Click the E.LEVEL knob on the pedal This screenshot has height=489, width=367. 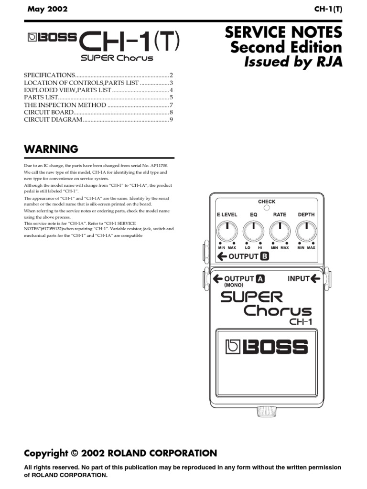tap(227, 233)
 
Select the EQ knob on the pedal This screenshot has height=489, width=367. tap(253, 233)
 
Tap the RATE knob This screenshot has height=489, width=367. tap(280, 233)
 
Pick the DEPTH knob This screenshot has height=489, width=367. tap(306, 233)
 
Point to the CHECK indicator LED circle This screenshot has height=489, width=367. tap(267, 208)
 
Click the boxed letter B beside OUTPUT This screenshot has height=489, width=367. tap(264, 256)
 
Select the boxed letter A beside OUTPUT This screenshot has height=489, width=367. tap(260, 279)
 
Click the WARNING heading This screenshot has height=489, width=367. tap(51, 149)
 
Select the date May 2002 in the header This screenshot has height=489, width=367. tap(47, 9)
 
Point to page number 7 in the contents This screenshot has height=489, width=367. tap(171, 105)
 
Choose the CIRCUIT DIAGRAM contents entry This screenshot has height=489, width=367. tap(53, 119)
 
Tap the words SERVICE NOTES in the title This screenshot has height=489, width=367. tap(283, 32)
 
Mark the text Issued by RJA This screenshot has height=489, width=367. tap(293, 62)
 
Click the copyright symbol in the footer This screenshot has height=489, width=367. tap(74, 453)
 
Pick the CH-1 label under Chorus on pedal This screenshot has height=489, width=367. tap(301, 321)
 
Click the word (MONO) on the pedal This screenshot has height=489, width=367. tap(234, 285)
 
